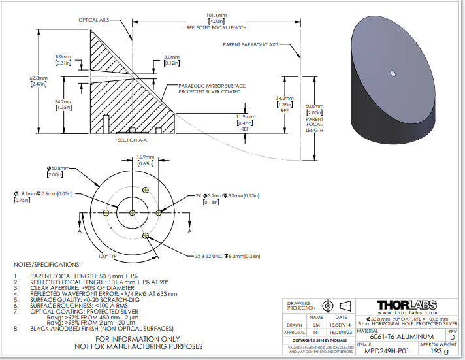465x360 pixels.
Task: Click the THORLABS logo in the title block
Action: click(412, 304)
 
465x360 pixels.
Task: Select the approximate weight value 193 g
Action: click(438, 351)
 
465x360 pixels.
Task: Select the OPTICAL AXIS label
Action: click(94, 20)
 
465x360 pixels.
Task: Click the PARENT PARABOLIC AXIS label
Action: click(250, 44)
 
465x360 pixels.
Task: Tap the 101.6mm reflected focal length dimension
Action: click(216, 15)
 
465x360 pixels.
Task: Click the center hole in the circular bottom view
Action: click(133, 212)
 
